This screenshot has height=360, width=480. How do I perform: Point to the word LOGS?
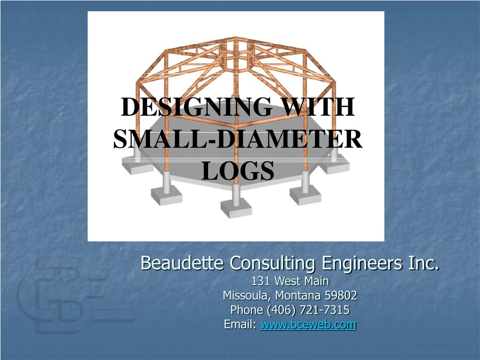(x=238, y=171)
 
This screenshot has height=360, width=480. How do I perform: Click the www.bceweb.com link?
(x=308, y=324)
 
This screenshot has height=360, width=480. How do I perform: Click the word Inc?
(x=424, y=263)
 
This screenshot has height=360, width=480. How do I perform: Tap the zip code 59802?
(x=341, y=296)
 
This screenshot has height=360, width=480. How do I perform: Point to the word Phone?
(x=247, y=310)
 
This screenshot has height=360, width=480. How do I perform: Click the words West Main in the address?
(x=302, y=281)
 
